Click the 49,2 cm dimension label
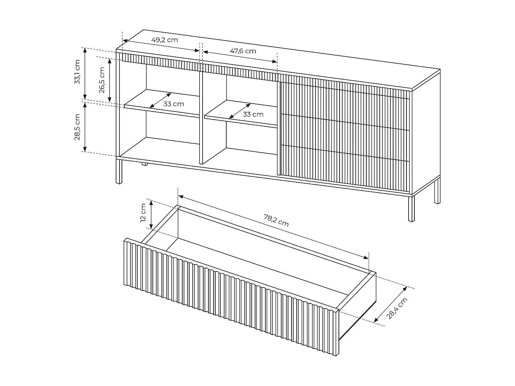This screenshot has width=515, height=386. pos(164,40)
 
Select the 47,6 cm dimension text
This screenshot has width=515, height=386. pos(243,51)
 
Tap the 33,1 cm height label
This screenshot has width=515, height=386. pos(77,72)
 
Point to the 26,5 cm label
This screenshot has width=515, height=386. pos(102,80)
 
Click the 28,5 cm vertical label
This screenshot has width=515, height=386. pos(77,127)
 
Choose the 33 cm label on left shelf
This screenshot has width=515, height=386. pos(174,104)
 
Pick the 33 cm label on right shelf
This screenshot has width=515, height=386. pos(253,114)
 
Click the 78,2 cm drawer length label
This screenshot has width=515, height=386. pos(276,220)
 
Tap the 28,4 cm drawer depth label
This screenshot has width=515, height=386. pos(397,308)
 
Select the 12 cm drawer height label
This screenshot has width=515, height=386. pos(143,213)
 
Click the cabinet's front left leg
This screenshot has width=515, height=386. pos(119,172)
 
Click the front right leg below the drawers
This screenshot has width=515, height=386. pos(411,209)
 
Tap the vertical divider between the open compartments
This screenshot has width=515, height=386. pos(201,116)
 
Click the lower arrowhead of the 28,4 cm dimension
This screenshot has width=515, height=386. pos(376,320)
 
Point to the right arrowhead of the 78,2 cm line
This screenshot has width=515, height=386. pos(366,258)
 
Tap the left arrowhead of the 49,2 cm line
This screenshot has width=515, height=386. pos(125,41)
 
